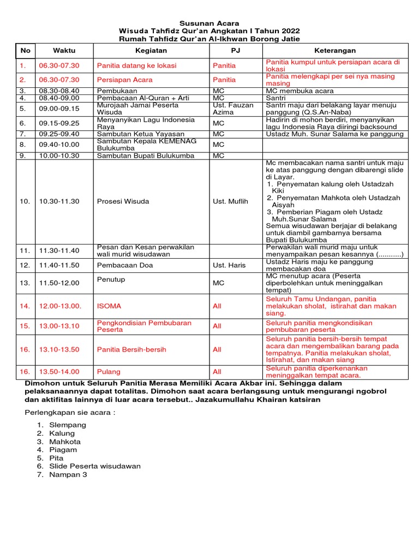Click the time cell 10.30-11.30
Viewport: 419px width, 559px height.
click(x=59, y=201)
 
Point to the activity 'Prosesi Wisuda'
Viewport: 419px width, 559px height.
click(x=123, y=201)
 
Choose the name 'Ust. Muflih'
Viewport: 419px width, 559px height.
click(x=230, y=201)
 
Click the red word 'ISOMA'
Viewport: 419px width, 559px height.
click(x=109, y=306)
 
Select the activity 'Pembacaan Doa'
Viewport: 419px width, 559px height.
click(x=125, y=265)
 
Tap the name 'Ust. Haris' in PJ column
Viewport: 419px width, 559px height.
click(x=229, y=265)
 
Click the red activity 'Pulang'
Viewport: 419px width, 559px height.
click(x=109, y=372)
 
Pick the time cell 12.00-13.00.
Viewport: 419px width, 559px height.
click(x=60, y=306)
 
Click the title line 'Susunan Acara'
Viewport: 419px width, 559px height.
click(x=209, y=23)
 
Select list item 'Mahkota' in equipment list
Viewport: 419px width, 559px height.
click(x=65, y=442)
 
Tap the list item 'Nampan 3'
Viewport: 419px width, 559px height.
click(x=68, y=474)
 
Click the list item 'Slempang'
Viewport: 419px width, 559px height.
click(x=68, y=425)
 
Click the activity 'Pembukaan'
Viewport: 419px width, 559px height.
click(x=117, y=91)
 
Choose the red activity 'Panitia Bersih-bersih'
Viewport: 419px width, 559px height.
click(x=131, y=349)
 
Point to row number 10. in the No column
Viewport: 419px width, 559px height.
click(x=25, y=201)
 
